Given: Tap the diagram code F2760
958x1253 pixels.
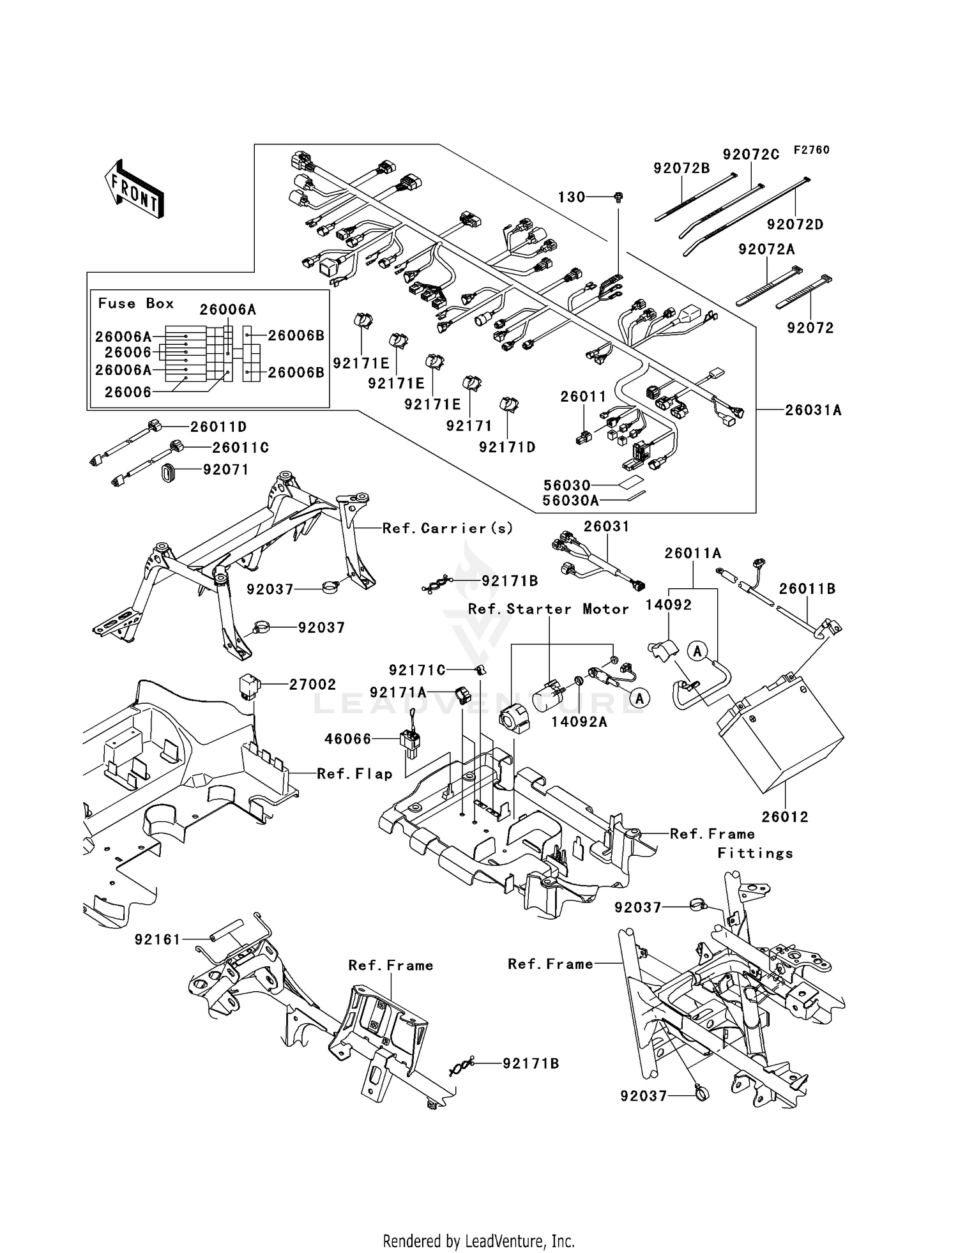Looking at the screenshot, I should [x=811, y=150].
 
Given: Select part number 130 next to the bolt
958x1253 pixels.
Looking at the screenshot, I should [x=572, y=197].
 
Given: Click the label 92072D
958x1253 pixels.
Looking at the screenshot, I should [x=795, y=225].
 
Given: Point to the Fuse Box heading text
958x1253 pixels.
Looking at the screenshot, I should [x=135, y=303].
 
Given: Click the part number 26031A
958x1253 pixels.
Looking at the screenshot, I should [x=813, y=410].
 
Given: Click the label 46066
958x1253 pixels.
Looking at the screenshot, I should [x=347, y=739].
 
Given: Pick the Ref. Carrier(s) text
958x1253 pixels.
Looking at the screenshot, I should [x=448, y=528].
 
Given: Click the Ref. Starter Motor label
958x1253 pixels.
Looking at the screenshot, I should [x=549, y=609].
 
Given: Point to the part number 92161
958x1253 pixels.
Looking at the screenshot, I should [x=158, y=939].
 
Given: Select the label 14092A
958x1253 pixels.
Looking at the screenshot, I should [x=579, y=722].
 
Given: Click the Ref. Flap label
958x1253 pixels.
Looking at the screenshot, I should [x=354, y=774].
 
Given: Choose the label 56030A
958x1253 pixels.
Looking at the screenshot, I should [x=570, y=501].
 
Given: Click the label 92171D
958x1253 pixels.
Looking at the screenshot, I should [x=507, y=448].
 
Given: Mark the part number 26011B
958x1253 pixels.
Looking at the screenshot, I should [x=807, y=589].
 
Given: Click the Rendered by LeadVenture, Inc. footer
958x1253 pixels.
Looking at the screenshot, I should [x=478, y=1241].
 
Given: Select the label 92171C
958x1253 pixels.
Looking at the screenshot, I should [x=417, y=670].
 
